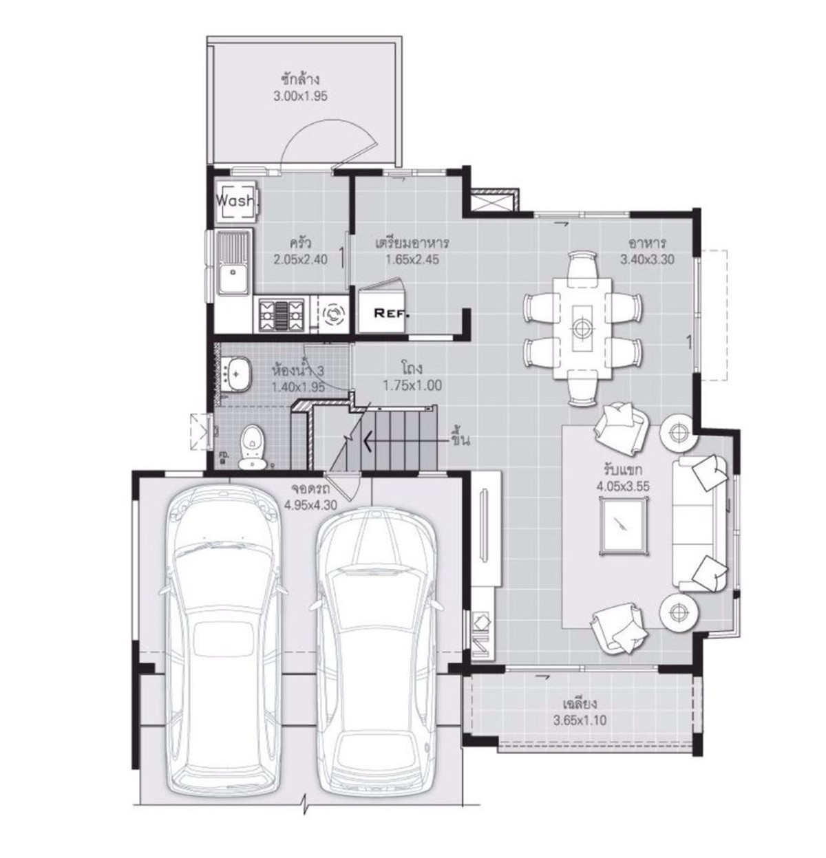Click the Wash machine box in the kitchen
point(236,201)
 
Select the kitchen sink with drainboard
point(234,262)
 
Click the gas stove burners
point(282,315)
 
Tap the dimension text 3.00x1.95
point(300,96)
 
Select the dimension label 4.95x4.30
point(310,504)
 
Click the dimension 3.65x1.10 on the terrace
point(580,720)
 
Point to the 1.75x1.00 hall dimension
point(412,386)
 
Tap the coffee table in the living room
point(624,524)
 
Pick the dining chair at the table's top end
point(583,264)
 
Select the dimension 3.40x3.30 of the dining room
point(647,259)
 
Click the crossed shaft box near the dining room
point(494,201)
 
